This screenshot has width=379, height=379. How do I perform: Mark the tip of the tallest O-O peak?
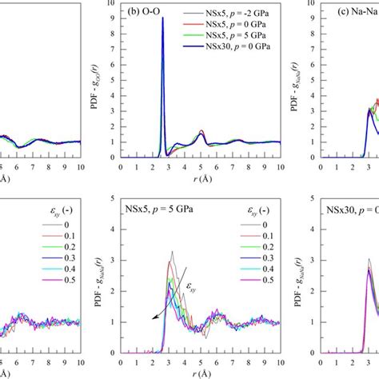[162, 18]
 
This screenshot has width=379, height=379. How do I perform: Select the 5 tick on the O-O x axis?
[200, 169]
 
